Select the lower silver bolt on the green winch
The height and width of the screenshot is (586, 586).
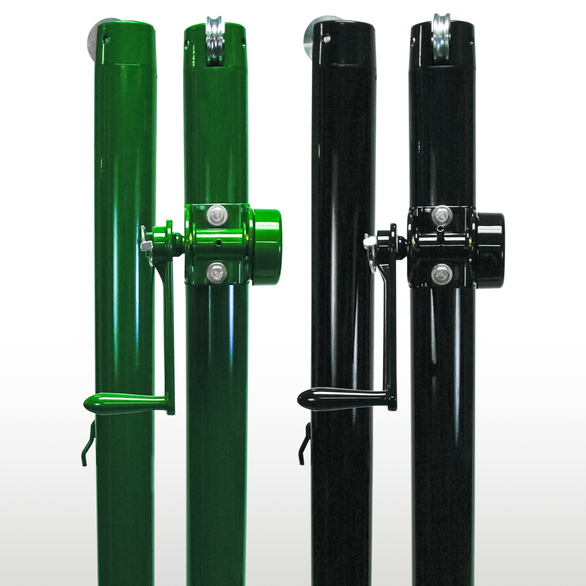click(217, 272)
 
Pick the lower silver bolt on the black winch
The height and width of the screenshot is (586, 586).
click(442, 274)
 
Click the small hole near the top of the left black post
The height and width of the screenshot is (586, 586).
click(326, 39)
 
